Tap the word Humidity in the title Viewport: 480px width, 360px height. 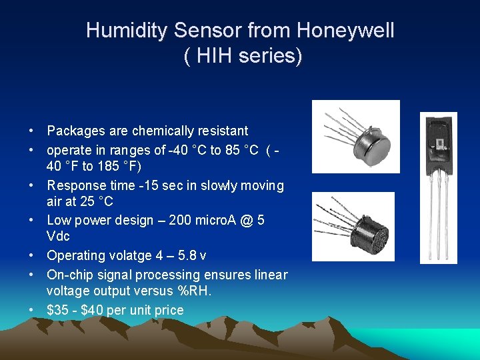pyautogui.click(x=127, y=31)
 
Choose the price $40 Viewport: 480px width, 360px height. pyautogui.click(x=93, y=310)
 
